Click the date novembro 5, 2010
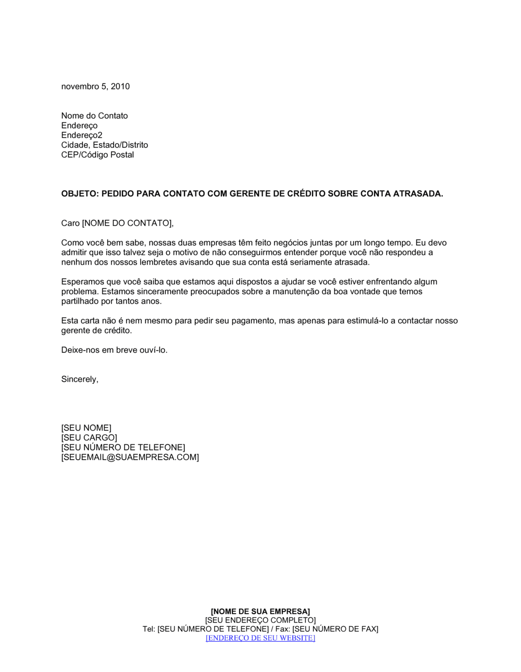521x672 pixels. point(95,86)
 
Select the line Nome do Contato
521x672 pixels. point(94,116)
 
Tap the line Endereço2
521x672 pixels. point(82,135)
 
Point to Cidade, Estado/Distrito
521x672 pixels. point(104,145)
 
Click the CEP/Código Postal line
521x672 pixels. point(97,155)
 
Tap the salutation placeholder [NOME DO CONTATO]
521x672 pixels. point(127,223)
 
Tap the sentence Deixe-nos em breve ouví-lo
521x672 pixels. point(114,350)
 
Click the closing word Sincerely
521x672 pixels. point(79,379)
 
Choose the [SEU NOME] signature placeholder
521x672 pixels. point(86,428)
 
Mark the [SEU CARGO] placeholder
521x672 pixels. point(89,438)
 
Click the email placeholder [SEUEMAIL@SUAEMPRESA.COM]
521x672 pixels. point(130,457)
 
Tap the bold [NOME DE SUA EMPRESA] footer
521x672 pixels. point(260,611)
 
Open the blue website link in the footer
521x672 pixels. point(260,638)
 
